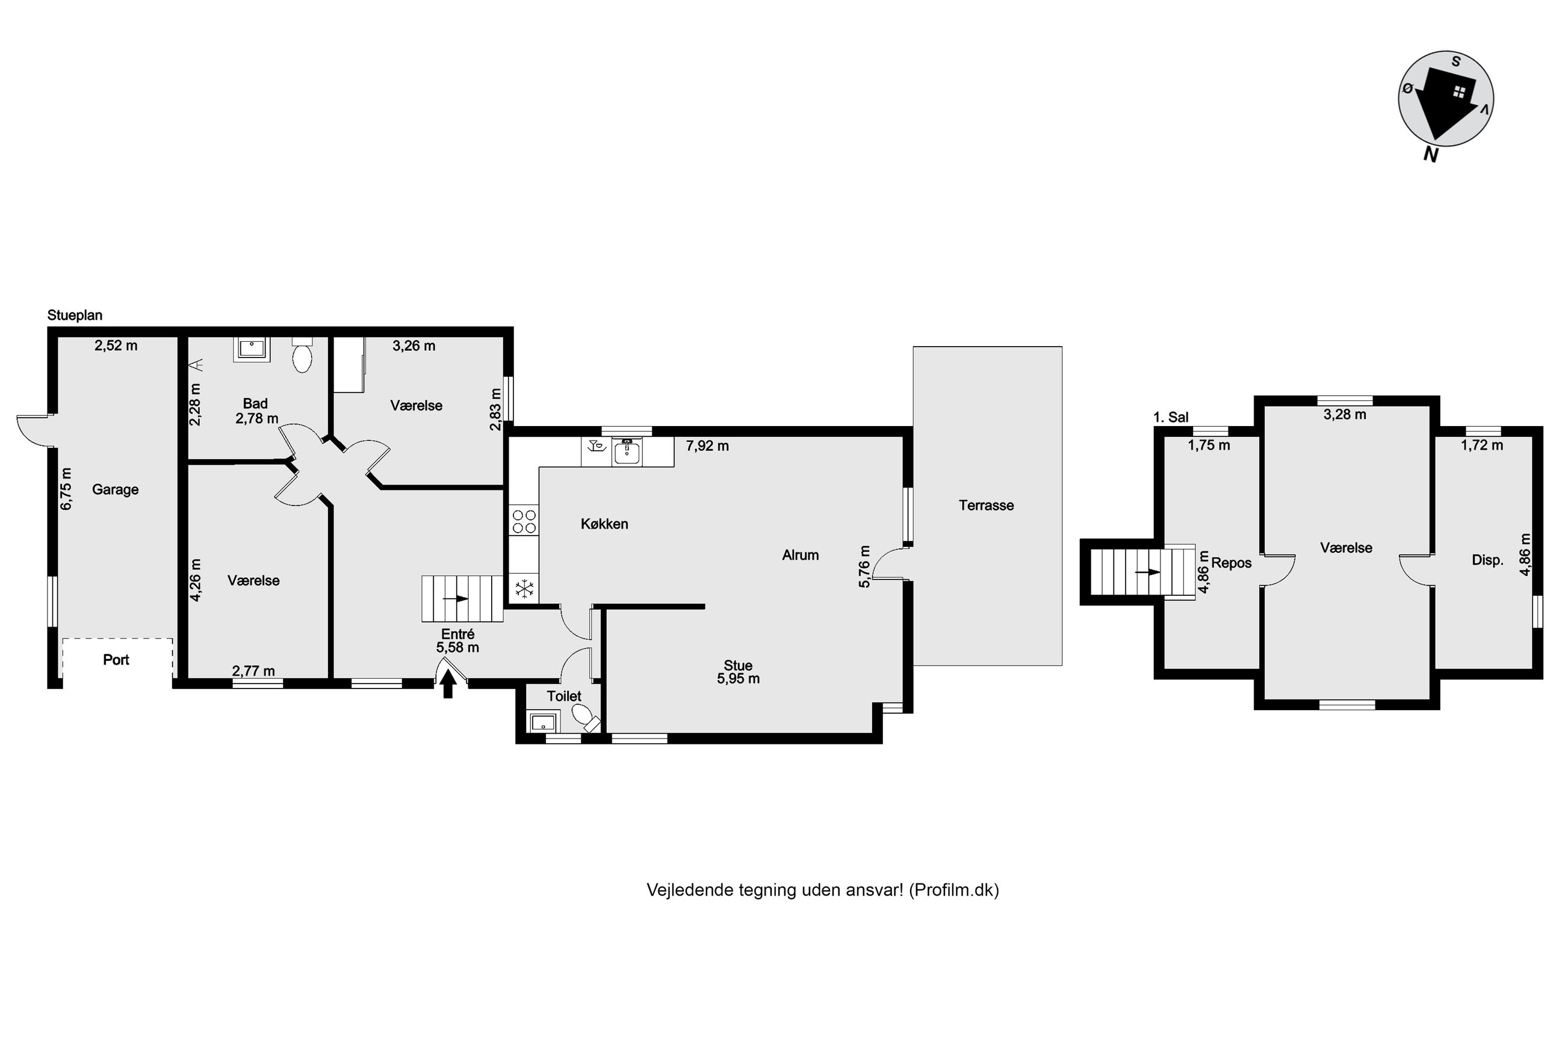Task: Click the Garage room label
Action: tap(115, 489)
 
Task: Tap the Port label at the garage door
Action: tap(116, 659)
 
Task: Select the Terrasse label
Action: tap(987, 505)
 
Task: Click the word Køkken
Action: tap(604, 524)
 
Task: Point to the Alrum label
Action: tap(800, 555)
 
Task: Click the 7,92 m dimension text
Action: tap(707, 446)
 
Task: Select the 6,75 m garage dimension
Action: tap(66, 489)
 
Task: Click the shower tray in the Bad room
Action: tap(252, 349)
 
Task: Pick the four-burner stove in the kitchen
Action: tap(524, 521)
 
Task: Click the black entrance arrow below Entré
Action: tap(448, 683)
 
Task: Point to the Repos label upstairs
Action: tap(1231, 563)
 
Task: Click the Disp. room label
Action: tap(1488, 560)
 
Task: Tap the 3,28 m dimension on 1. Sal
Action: tap(1345, 415)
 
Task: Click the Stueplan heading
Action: tap(75, 315)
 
